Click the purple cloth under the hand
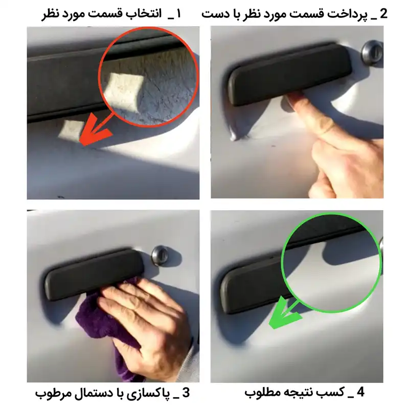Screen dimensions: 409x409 tap(95, 317)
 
